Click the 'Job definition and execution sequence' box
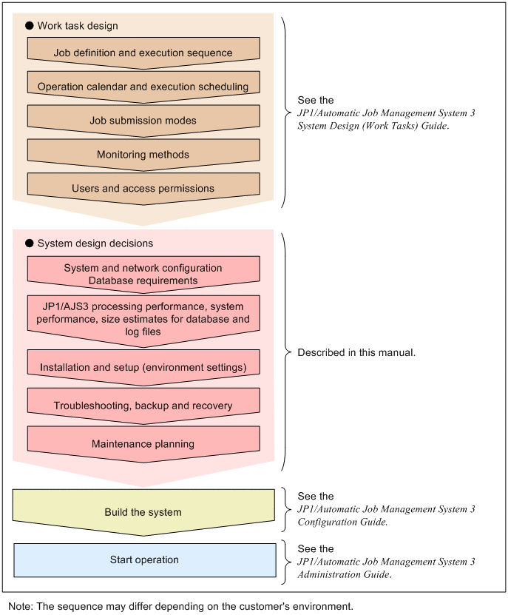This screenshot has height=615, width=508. pyautogui.click(x=143, y=53)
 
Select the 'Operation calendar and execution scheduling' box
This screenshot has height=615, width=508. pyautogui.click(x=143, y=87)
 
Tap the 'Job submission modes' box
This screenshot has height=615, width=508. pyautogui.click(x=143, y=120)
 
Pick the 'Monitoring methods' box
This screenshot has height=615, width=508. pyautogui.click(x=143, y=154)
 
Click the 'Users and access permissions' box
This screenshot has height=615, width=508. pyautogui.click(x=143, y=188)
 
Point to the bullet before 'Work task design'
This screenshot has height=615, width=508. pyautogui.click(x=30, y=26)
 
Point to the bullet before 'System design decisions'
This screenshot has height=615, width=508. pyautogui.click(x=30, y=243)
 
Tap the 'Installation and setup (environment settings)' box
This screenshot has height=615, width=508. pyautogui.click(x=143, y=366)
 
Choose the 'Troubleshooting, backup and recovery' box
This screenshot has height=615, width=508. pyautogui.click(x=143, y=405)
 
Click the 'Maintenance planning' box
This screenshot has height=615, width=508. pyautogui.click(x=143, y=443)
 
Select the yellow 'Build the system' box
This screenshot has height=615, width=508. pyautogui.click(x=143, y=511)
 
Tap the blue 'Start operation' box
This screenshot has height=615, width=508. pyautogui.click(x=143, y=559)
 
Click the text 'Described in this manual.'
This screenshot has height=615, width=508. pyautogui.click(x=356, y=353)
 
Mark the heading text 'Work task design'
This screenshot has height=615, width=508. pyautogui.click(x=78, y=26)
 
